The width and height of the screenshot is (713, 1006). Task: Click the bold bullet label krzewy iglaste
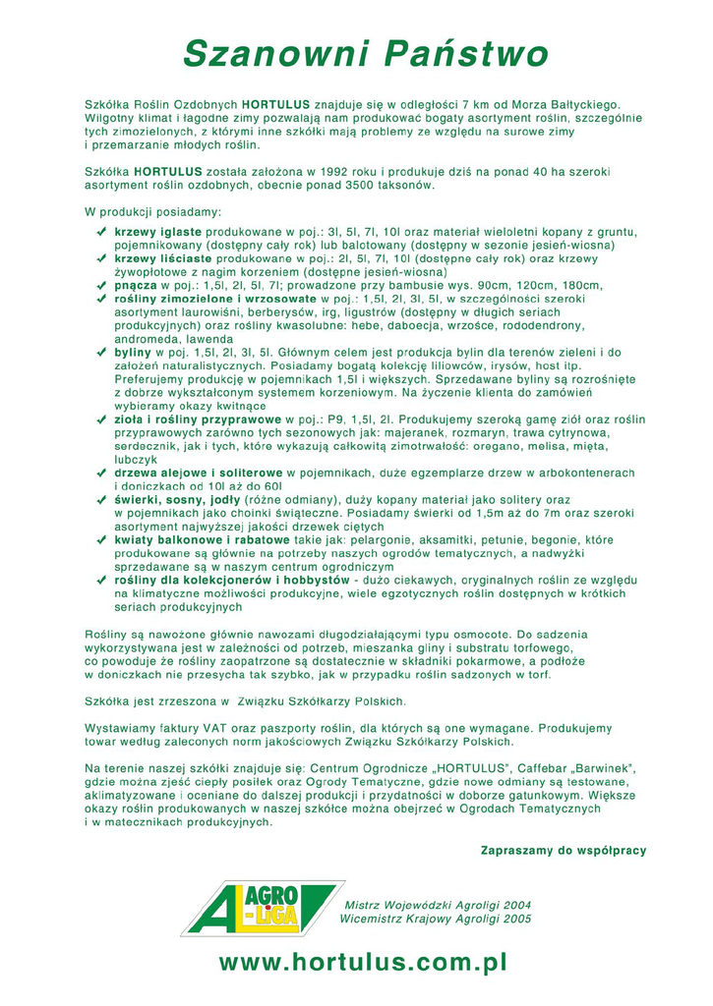point(157,231)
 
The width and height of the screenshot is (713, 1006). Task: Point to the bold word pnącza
point(136,285)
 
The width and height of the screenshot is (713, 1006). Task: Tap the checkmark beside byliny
point(101,351)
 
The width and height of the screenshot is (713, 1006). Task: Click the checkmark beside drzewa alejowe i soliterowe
point(101,473)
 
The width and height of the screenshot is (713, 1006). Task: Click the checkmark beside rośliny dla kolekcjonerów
point(101,580)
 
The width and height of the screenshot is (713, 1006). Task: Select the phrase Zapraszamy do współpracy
point(563,850)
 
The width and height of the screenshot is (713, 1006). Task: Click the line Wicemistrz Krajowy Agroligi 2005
point(435,919)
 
